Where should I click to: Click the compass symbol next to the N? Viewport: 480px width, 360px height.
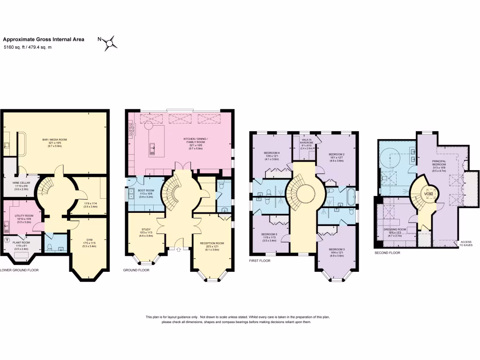(111, 44)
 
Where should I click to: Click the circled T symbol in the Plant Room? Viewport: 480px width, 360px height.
(7, 240)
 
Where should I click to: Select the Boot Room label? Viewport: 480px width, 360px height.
(147, 190)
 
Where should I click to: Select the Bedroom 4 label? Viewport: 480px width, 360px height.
(272, 153)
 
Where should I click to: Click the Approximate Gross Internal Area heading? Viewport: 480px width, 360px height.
(44, 40)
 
